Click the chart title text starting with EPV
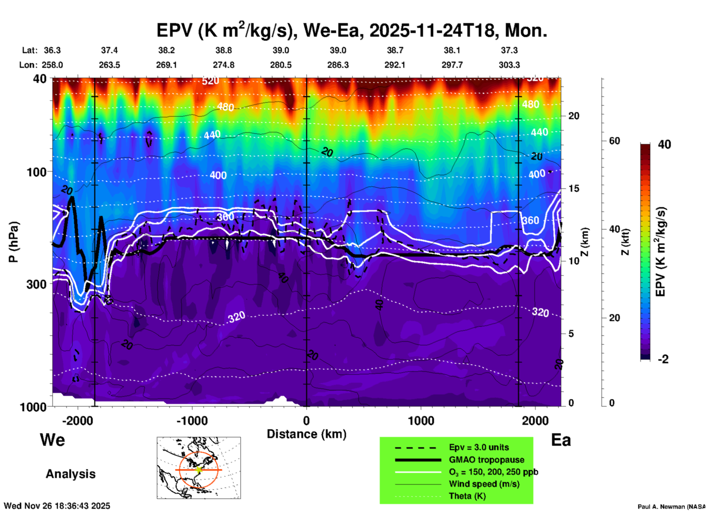point(352,30)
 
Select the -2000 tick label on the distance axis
point(77,420)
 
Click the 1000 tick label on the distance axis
point(421,420)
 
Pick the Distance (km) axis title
point(306,434)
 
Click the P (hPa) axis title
point(14,242)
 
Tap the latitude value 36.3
point(52,50)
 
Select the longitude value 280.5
point(281,65)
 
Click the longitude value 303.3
point(509,65)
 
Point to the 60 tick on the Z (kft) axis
point(614,141)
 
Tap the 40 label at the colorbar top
point(664,144)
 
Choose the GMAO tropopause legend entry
point(486,460)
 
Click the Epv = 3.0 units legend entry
point(479,448)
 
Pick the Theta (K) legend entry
point(467,496)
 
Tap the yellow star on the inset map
point(199,470)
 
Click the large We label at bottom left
point(52,440)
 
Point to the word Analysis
point(70,474)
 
